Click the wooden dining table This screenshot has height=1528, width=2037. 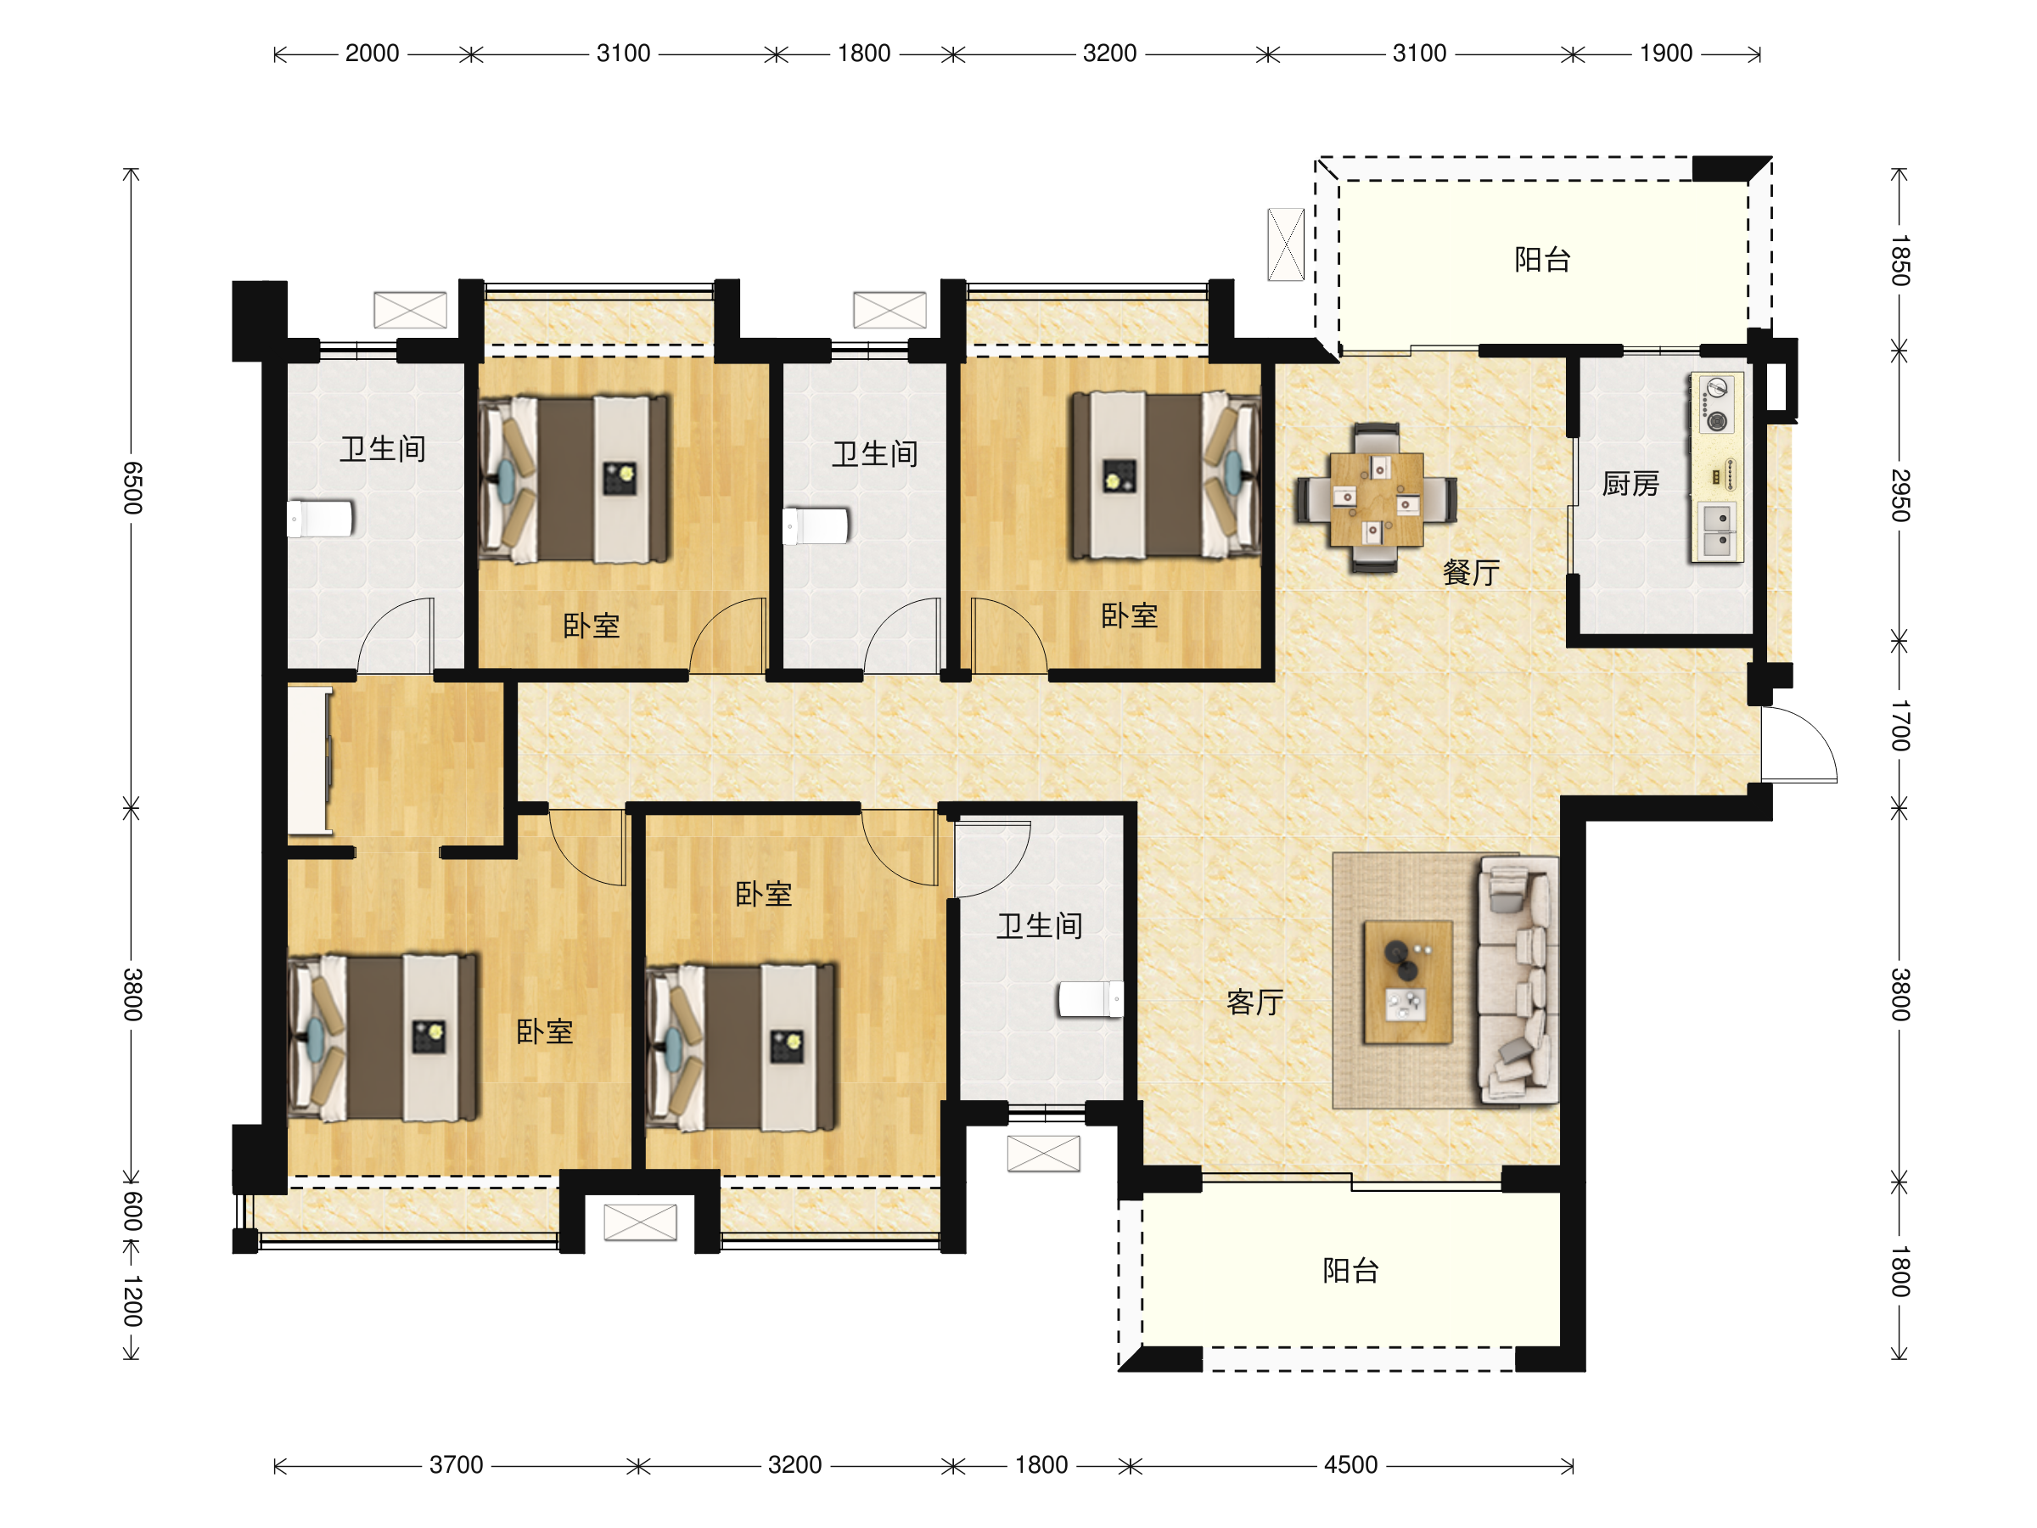coord(1376,498)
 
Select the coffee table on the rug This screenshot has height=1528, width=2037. coord(1407,982)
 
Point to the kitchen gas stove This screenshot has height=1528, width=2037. coord(1715,403)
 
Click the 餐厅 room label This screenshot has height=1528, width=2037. coord(1471,572)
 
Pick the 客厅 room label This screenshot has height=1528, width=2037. coord(1254,1002)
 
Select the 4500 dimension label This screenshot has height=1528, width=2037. coord(1350,1464)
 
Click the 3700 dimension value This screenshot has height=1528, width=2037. coord(456,1464)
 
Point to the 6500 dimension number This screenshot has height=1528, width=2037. coord(132,488)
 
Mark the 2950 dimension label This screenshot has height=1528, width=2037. coord(1900,496)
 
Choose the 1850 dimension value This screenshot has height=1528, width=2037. coord(1900,261)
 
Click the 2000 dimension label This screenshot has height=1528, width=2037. coord(372,53)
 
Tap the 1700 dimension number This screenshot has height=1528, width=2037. coord(1900,726)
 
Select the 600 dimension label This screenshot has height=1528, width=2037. coord(132,1211)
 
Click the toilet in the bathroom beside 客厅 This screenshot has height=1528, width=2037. coord(1091,999)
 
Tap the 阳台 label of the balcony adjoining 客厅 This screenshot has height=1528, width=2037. coord(1350,1271)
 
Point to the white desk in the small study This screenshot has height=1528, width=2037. coord(310,761)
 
